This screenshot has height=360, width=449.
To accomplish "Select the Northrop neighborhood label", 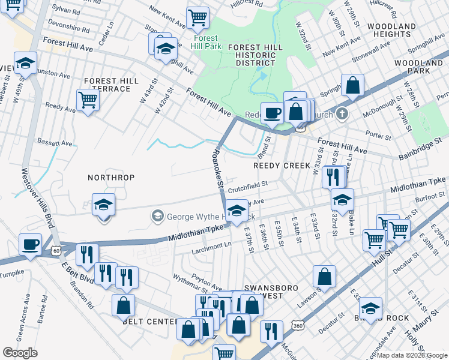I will pos(111,178).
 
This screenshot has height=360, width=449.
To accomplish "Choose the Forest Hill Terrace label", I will pos(107,85).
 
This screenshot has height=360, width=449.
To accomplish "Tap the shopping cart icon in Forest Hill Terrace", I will pos(88,100).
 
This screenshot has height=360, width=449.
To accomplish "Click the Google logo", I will pos(20,353).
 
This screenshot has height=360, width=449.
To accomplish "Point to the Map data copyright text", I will pos(411,355).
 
